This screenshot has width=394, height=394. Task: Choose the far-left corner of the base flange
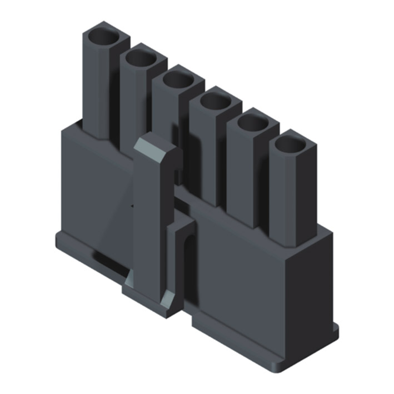[x=56, y=240]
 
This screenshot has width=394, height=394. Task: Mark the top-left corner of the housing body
[x=63, y=129]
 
